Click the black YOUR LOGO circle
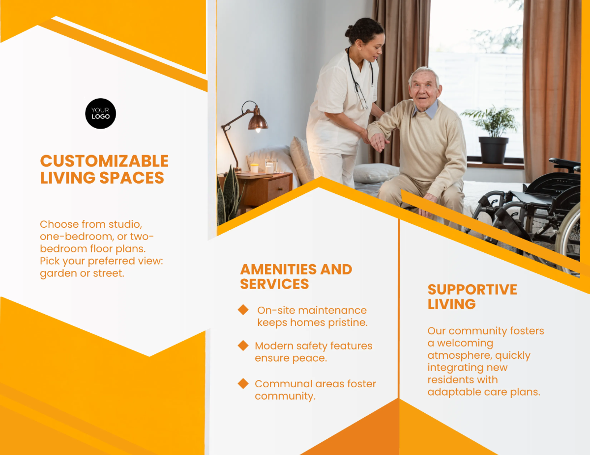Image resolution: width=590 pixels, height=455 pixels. click(x=100, y=113)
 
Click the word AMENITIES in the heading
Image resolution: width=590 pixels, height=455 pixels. click(x=278, y=269)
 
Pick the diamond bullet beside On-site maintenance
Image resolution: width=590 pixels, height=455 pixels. click(x=243, y=310)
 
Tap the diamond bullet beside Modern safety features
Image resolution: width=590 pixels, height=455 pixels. click(x=243, y=346)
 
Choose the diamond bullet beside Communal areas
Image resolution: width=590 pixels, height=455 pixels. click(x=243, y=383)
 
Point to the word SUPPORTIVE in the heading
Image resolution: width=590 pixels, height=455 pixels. click(x=472, y=290)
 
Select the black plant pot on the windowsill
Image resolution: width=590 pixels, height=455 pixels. click(x=494, y=150)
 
